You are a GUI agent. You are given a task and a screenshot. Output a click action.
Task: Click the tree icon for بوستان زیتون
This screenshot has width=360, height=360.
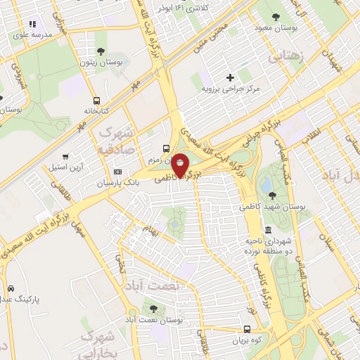tap(101, 51)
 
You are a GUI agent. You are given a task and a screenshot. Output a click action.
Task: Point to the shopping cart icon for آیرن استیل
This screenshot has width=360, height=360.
tap(65, 157)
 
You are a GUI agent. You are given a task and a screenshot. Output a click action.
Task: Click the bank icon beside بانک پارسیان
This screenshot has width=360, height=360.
tap(117, 172)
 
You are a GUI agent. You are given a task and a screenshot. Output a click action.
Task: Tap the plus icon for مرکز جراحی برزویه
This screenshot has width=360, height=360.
tap(230, 77)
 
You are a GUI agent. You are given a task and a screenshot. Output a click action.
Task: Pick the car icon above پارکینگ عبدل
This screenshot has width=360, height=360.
tap(11, 289)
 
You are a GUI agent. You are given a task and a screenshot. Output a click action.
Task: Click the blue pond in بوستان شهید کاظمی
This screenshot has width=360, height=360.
tap(268, 184)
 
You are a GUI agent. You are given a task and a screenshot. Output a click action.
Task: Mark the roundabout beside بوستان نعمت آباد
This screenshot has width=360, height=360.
tap(131, 312)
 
